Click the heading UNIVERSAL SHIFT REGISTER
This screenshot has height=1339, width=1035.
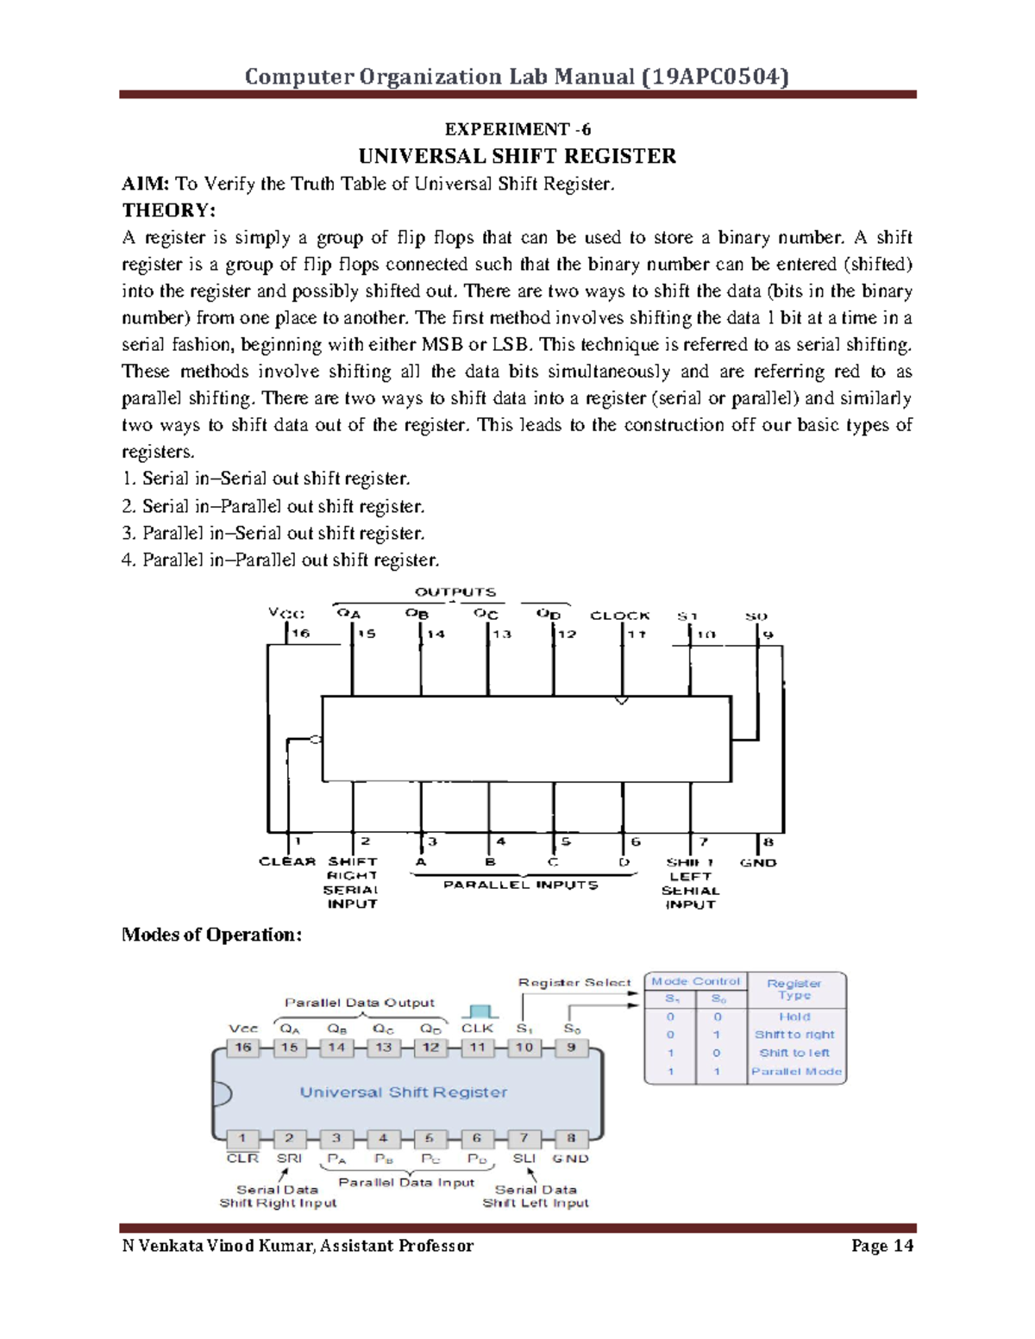(517, 156)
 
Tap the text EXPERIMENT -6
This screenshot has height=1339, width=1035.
(517, 129)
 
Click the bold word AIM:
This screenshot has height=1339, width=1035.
(146, 184)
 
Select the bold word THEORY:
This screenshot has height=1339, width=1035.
(169, 210)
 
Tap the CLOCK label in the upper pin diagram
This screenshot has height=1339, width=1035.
(619, 616)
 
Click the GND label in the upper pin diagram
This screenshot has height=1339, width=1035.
(758, 862)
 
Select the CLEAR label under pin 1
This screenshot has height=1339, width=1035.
(287, 861)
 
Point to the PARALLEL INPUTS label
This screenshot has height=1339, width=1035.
(520, 885)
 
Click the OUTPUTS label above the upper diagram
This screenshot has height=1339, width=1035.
(455, 592)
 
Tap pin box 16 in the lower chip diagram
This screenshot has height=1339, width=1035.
(243, 1048)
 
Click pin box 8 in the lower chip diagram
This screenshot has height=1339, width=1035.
(570, 1138)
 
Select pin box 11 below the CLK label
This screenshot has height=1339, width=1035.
(477, 1048)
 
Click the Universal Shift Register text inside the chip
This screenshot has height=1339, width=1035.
(404, 1092)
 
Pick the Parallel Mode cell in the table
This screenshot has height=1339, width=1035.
(796, 1072)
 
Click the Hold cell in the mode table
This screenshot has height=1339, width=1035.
(794, 1017)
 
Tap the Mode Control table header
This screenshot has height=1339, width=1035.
(695, 981)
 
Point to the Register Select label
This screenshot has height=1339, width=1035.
(574, 982)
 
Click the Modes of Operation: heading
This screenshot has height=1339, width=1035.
(211, 935)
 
